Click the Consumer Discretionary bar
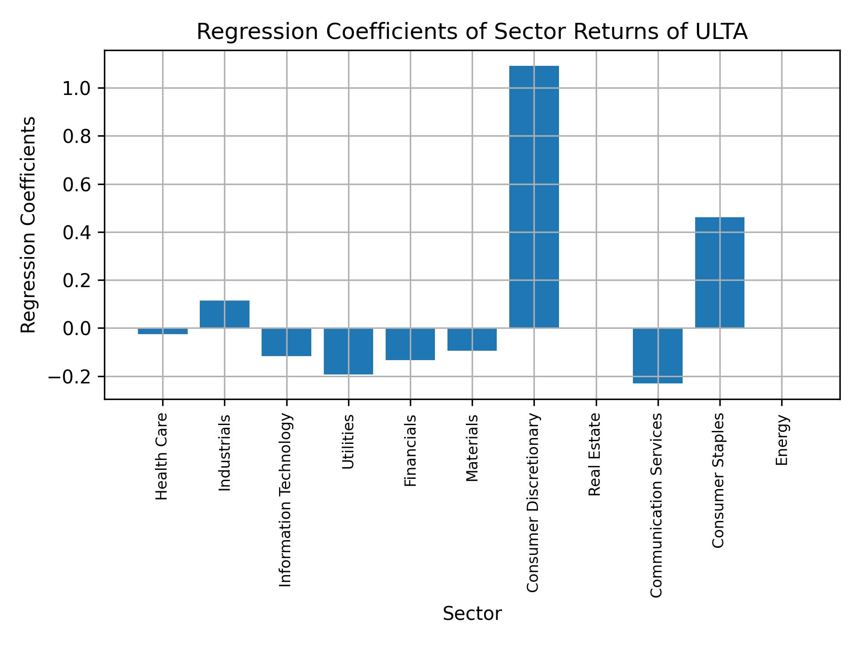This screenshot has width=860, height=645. [x=534, y=197]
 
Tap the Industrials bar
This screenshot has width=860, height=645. [x=224, y=314]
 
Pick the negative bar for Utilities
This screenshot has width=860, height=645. [x=348, y=351]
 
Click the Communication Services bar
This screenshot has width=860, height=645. [x=658, y=356]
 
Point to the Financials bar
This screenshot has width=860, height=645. [x=410, y=344]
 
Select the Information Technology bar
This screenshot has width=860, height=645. [x=286, y=342]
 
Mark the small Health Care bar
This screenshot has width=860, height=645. [x=163, y=331]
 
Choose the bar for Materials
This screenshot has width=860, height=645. [x=472, y=340]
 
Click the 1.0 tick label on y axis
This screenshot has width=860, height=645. [x=77, y=89]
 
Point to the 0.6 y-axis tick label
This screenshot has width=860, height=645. [x=77, y=185]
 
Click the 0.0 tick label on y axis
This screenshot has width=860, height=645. [x=77, y=329]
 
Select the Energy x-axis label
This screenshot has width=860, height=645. [x=782, y=440]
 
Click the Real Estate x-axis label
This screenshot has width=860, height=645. [x=594, y=455]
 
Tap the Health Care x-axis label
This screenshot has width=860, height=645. [x=162, y=456]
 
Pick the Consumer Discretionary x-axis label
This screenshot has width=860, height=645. [x=533, y=503]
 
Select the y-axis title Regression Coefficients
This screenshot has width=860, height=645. [x=29, y=225]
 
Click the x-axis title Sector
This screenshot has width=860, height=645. [x=472, y=614]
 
